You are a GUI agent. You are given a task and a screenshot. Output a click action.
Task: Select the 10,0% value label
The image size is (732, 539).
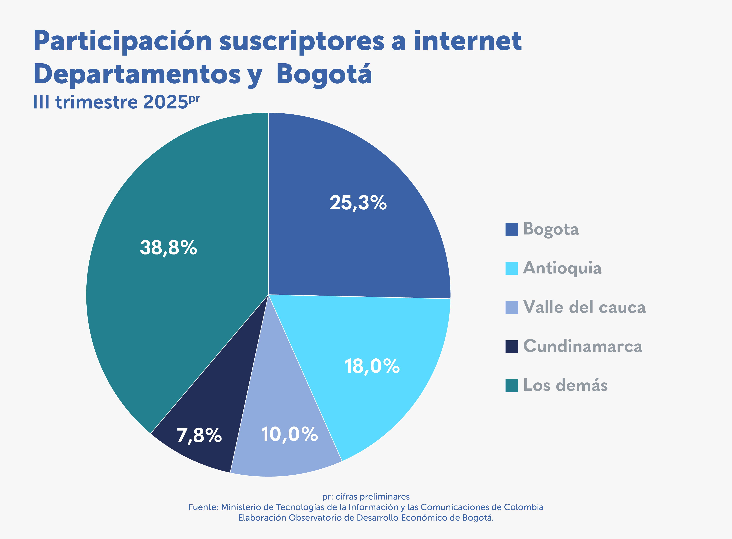coord(289,434)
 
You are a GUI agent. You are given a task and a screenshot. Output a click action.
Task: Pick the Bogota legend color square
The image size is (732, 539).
coord(512,229)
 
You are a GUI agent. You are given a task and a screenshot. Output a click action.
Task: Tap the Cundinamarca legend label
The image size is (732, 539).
coord(583,346)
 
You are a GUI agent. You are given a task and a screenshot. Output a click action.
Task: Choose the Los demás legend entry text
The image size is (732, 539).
coord(565,385)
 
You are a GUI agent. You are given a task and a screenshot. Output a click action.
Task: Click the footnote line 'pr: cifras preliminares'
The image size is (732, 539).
coord(366,497)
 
